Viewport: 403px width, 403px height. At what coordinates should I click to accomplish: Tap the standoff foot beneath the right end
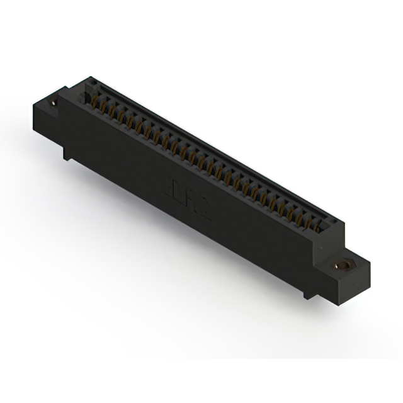[307, 291]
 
